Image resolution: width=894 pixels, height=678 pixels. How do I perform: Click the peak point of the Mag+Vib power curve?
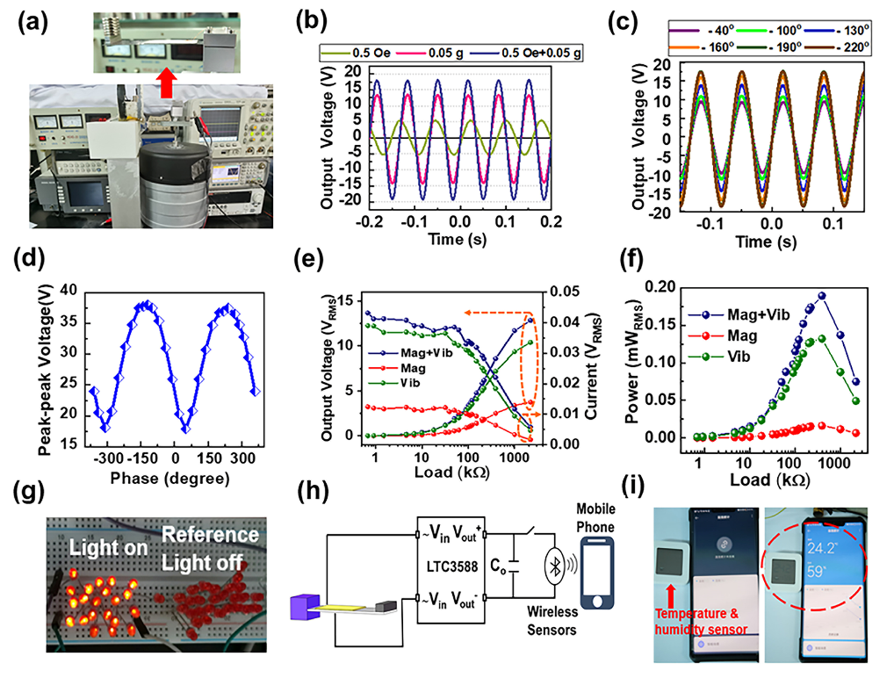click(822, 296)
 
